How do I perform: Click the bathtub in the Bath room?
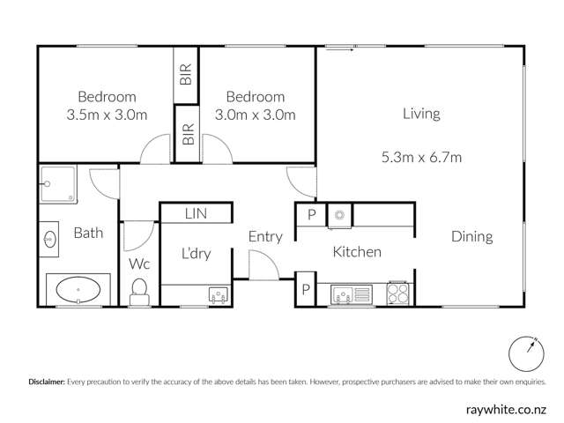78,288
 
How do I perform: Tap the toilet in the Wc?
139,292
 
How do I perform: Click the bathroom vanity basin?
48,237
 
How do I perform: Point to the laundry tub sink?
218,294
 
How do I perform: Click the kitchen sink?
345,293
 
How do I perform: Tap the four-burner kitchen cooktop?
399,293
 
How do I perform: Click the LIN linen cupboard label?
196,213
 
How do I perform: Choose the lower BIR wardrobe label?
187,134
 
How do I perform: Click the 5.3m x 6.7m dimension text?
421,158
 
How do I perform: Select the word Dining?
471,236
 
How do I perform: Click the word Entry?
264,236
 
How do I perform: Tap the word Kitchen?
357,252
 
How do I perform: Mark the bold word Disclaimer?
47,382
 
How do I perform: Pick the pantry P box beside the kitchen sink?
306,289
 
